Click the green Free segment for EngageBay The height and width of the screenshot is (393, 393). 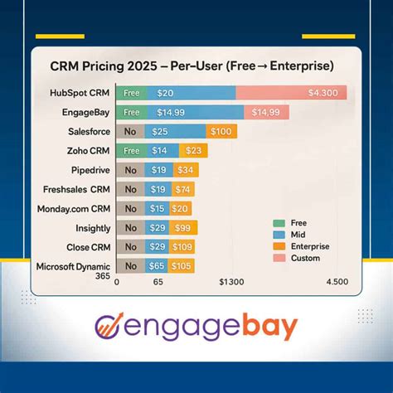point(130,112)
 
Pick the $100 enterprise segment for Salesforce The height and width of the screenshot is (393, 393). point(221,132)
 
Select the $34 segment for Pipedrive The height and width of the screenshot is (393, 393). point(185,171)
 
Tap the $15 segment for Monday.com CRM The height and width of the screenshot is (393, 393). point(158,209)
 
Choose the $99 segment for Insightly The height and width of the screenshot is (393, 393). point(183,227)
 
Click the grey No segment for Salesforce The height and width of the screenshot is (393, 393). point(130,132)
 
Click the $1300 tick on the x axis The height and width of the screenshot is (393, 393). point(230,283)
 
